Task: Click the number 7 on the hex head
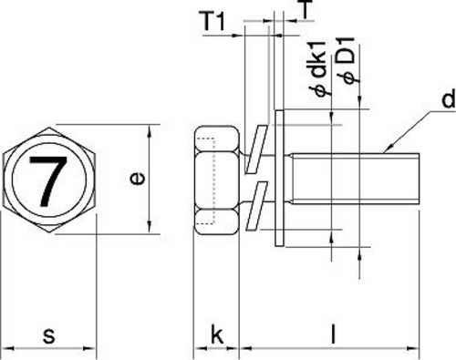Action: [48, 181]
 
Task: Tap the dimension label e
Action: [137, 179]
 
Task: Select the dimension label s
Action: [49, 335]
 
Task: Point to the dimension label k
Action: [217, 334]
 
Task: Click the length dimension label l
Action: [334, 334]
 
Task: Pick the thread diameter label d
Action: [449, 98]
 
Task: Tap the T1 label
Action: [213, 21]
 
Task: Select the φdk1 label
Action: [319, 68]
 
